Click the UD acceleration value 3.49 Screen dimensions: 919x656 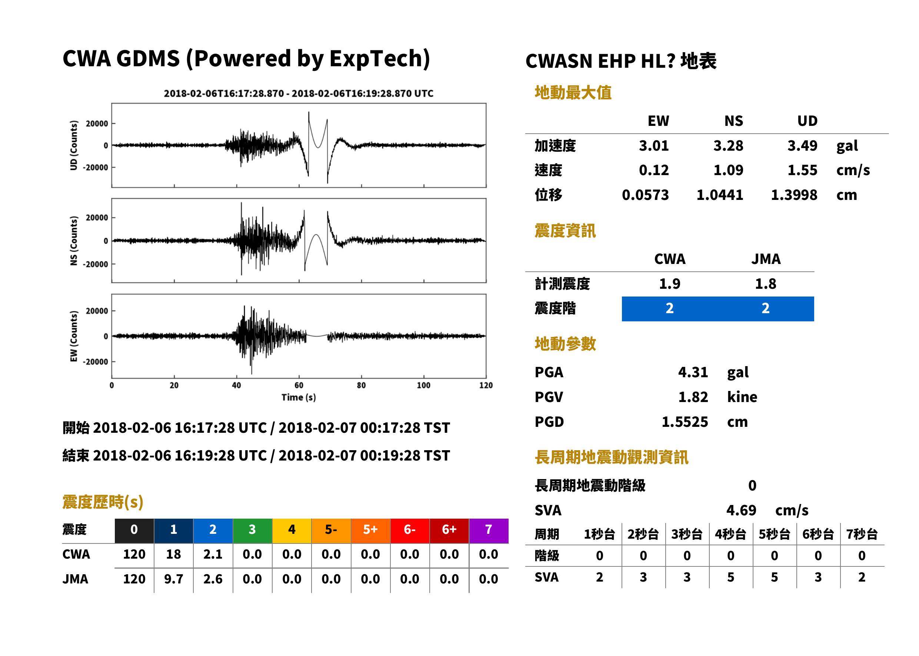point(802,146)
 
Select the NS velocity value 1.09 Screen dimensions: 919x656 point(728,170)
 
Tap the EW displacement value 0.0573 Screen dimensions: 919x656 point(645,195)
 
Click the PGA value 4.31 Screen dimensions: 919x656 point(693,372)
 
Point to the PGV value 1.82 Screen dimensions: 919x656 point(693,397)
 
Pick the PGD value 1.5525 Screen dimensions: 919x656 point(685,422)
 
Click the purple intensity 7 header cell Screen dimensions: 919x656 point(489,531)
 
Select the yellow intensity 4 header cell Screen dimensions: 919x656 point(292,531)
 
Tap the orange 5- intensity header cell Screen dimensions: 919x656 point(331,531)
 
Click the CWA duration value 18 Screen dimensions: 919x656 point(173,555)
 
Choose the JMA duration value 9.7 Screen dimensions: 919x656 point(173,579)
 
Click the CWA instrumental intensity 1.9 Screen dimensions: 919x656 point(670,284)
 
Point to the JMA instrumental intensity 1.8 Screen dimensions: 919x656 point(765,284)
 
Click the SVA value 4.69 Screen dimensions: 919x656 point(741,511)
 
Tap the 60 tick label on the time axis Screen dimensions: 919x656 point(299,385)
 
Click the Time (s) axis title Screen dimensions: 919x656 point(299,398)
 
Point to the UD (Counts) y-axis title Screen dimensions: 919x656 point(74,145)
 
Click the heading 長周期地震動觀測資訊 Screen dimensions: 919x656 point(612,458)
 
